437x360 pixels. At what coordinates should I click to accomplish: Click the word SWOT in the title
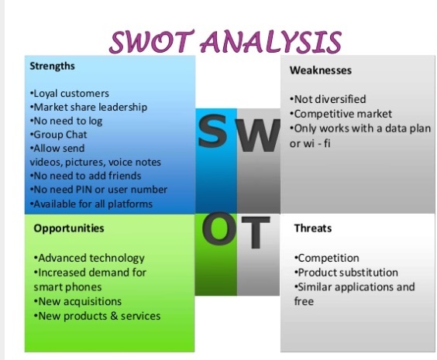pos(152,42)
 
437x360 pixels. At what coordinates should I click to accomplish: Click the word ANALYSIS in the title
pos(271,42)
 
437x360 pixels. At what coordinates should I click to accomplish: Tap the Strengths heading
pos(53,67)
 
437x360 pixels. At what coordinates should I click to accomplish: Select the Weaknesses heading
pos(321,70)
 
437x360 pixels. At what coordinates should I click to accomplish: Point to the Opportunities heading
pos(69,228)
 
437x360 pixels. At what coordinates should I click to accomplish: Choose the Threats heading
pos(313,228)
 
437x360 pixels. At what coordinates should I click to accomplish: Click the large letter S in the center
pos(212,131)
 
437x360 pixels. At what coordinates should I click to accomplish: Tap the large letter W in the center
pos(258,135)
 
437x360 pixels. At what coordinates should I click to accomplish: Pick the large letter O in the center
pos(219,228)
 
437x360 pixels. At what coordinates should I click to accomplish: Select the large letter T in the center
pos(256,232)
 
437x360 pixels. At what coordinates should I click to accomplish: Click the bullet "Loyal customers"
pos(70,94)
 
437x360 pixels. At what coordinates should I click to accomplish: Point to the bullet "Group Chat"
pos(58,135)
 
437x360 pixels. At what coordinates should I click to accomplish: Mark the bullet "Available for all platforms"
pos(91,204)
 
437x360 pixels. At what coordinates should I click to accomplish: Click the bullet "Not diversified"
pos(328,99)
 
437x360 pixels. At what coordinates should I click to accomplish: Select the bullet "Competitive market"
pos(341,114)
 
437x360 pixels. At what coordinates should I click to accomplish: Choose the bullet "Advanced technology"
pos(89,259)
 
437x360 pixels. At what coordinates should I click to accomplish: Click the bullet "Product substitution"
pos(346,273)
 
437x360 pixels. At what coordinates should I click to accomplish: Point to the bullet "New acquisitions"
pos(77,301)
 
